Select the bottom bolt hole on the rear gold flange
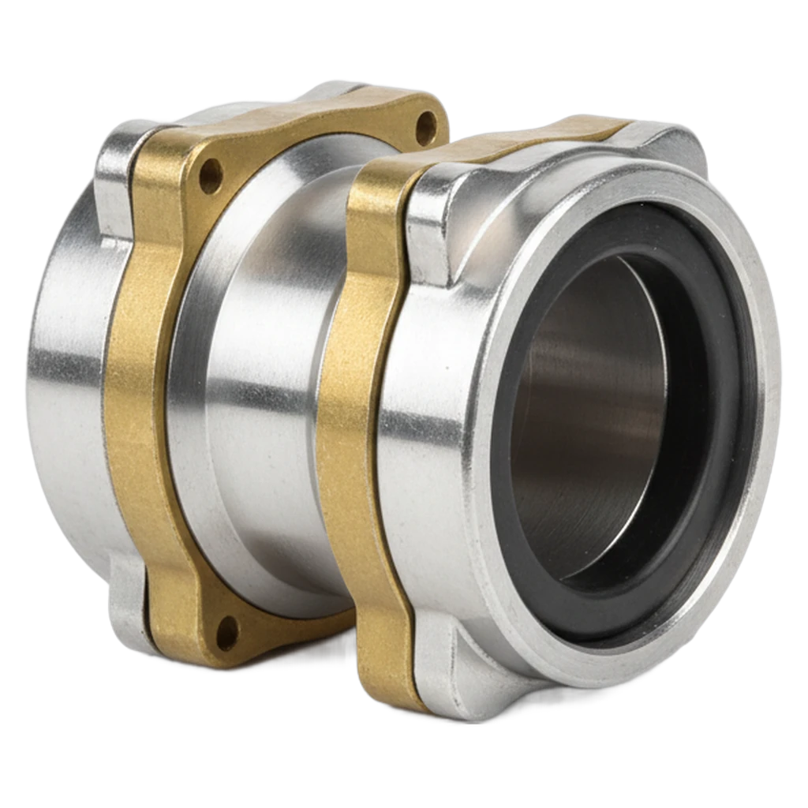tap(226, 627)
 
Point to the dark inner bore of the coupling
tap(584, 410)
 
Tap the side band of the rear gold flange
tap(134, 395)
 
